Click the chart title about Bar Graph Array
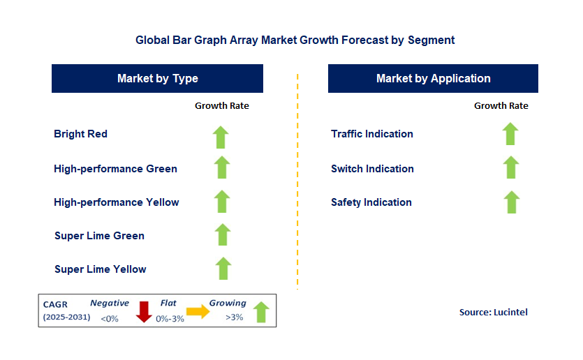pyautogui.click(x=295, y=40)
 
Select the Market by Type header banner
pyautogui.click(x=157, y=79)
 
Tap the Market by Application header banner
pyautogui.click(x=433, y=79)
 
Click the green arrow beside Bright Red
pyautogui.click(x=221, y=137)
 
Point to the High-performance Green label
pyautogui.click(x=115, y=169)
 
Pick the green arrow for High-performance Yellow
pyautogui.click(x=222, y=202)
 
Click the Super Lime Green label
pyautogui.click(x=99, y=236)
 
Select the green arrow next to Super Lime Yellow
pyautogui.click(x=223, y=269)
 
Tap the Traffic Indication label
pyautogui.click(x=372, y=134)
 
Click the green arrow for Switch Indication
pyautogui.click(x=511, y=167)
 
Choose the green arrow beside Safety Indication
pyautogui.click(x=512, y=202)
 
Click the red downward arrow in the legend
pyautogui.click(x=144, y=312)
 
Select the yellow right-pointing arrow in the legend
pyautogui.click(x=198, y=312)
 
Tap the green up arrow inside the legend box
pyautogui.click(x=260, y=312)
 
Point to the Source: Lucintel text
pyautogui.click(x=493, y=313)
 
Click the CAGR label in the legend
pyautogui.click(x=56, y=304)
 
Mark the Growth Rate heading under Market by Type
pyautogui.click(x=221, y=106)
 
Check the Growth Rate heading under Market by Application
pyautogui.click(x=501, y=106)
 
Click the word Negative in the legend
pyautogui.click(x=110, y=303)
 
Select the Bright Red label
pyautogui.click(x=80, y=134)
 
